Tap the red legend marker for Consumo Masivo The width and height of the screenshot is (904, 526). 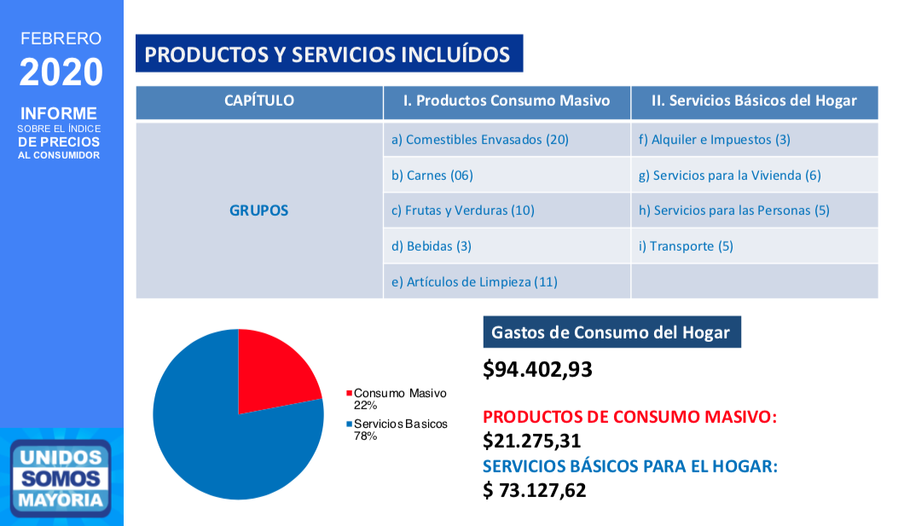pyautogui.click(x=349, y=394)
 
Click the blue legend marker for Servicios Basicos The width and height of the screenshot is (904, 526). pyautogui.click(x=349, y=425)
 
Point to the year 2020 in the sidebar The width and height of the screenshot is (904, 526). pyautogui.click(x=61, y=72)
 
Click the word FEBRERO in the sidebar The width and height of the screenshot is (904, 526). pyautogui.click(x=61, y=38)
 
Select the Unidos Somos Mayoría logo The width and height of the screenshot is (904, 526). pyautogui.click(x=61, y=478)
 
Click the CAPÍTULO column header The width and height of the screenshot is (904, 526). pyautogui.click(x=259, y=101)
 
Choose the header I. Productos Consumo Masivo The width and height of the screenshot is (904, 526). pyautogui.click(x=507, y=101)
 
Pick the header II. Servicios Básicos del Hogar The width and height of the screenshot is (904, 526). pyautogui.click(x=754, y=101)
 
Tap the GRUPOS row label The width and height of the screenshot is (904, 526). pyautogui.click(x=259, y=211)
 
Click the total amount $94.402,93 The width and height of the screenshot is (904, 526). pyautogui.click(x=537, y=369)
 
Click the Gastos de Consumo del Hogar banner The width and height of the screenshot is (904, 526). pyautogui.click(x=611, y=332)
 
